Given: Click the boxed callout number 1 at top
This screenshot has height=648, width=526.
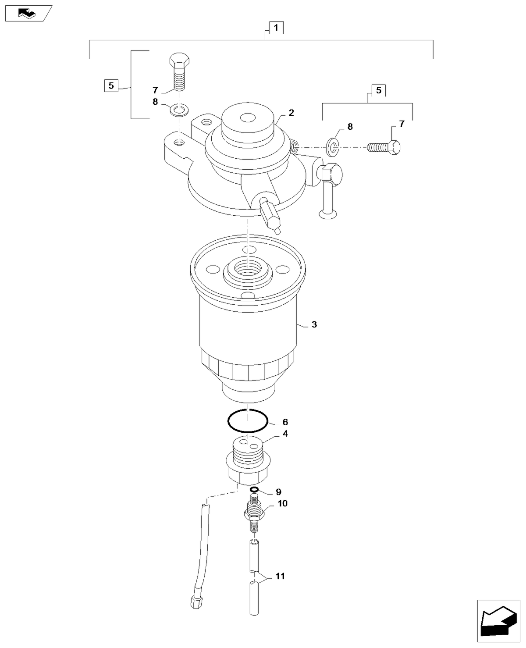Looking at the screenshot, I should pyautogui.click(x=276, y=28).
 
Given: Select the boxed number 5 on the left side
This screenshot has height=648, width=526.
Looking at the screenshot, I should pyautogui.click(x=111, y=85).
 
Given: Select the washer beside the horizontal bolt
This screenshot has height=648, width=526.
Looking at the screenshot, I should pyautogui.click(x=333, y=146).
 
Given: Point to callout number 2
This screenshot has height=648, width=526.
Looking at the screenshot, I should pyautogui.click(x=291, y=113).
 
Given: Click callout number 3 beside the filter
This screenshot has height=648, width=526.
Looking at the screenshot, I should pyautogui.click(x=314, y=324).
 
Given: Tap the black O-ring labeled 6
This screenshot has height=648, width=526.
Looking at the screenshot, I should pyautogui.click(x=248, y=422).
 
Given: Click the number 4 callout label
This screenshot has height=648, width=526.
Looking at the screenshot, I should pyautogui.click(x=285, y=434).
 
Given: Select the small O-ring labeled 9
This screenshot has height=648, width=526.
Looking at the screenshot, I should pyautogui.click(x=254, y=490).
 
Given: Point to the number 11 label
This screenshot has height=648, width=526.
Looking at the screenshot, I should pyautogui.click(x=280, y=576).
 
